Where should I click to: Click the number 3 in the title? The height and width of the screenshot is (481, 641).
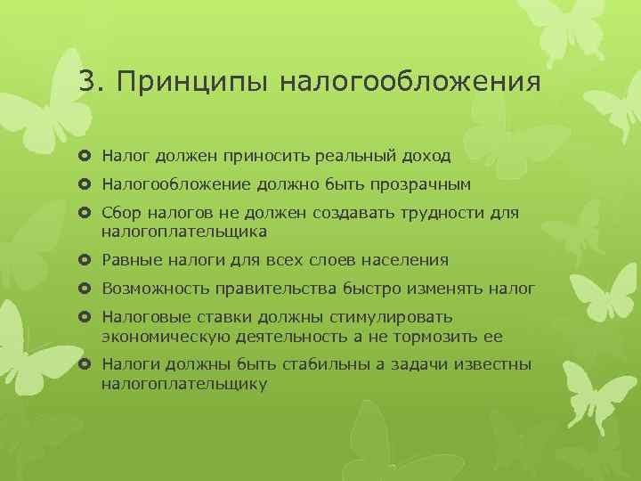85,82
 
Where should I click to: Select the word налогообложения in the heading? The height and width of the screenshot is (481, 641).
410,82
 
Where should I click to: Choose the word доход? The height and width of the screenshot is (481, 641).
426,156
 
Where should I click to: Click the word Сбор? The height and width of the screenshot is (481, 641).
120,215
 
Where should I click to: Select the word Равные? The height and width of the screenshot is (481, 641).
130,260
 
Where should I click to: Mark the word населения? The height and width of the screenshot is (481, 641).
406,260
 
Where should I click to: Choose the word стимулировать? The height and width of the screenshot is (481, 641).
393,318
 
